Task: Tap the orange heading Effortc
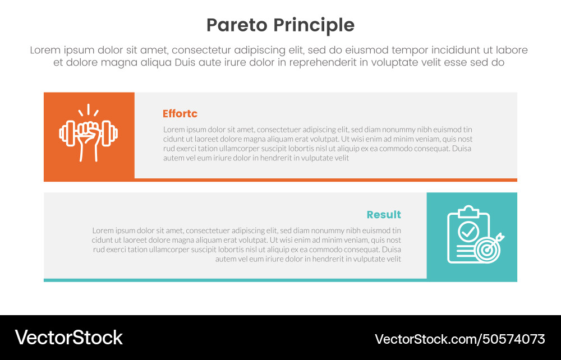coord(180,114)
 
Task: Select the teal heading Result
coord(384,215)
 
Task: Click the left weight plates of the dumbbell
coord(66,133)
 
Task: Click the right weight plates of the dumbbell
coord(111,133)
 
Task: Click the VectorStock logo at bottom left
coord(68,338)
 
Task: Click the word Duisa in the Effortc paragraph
coord(462,149)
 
